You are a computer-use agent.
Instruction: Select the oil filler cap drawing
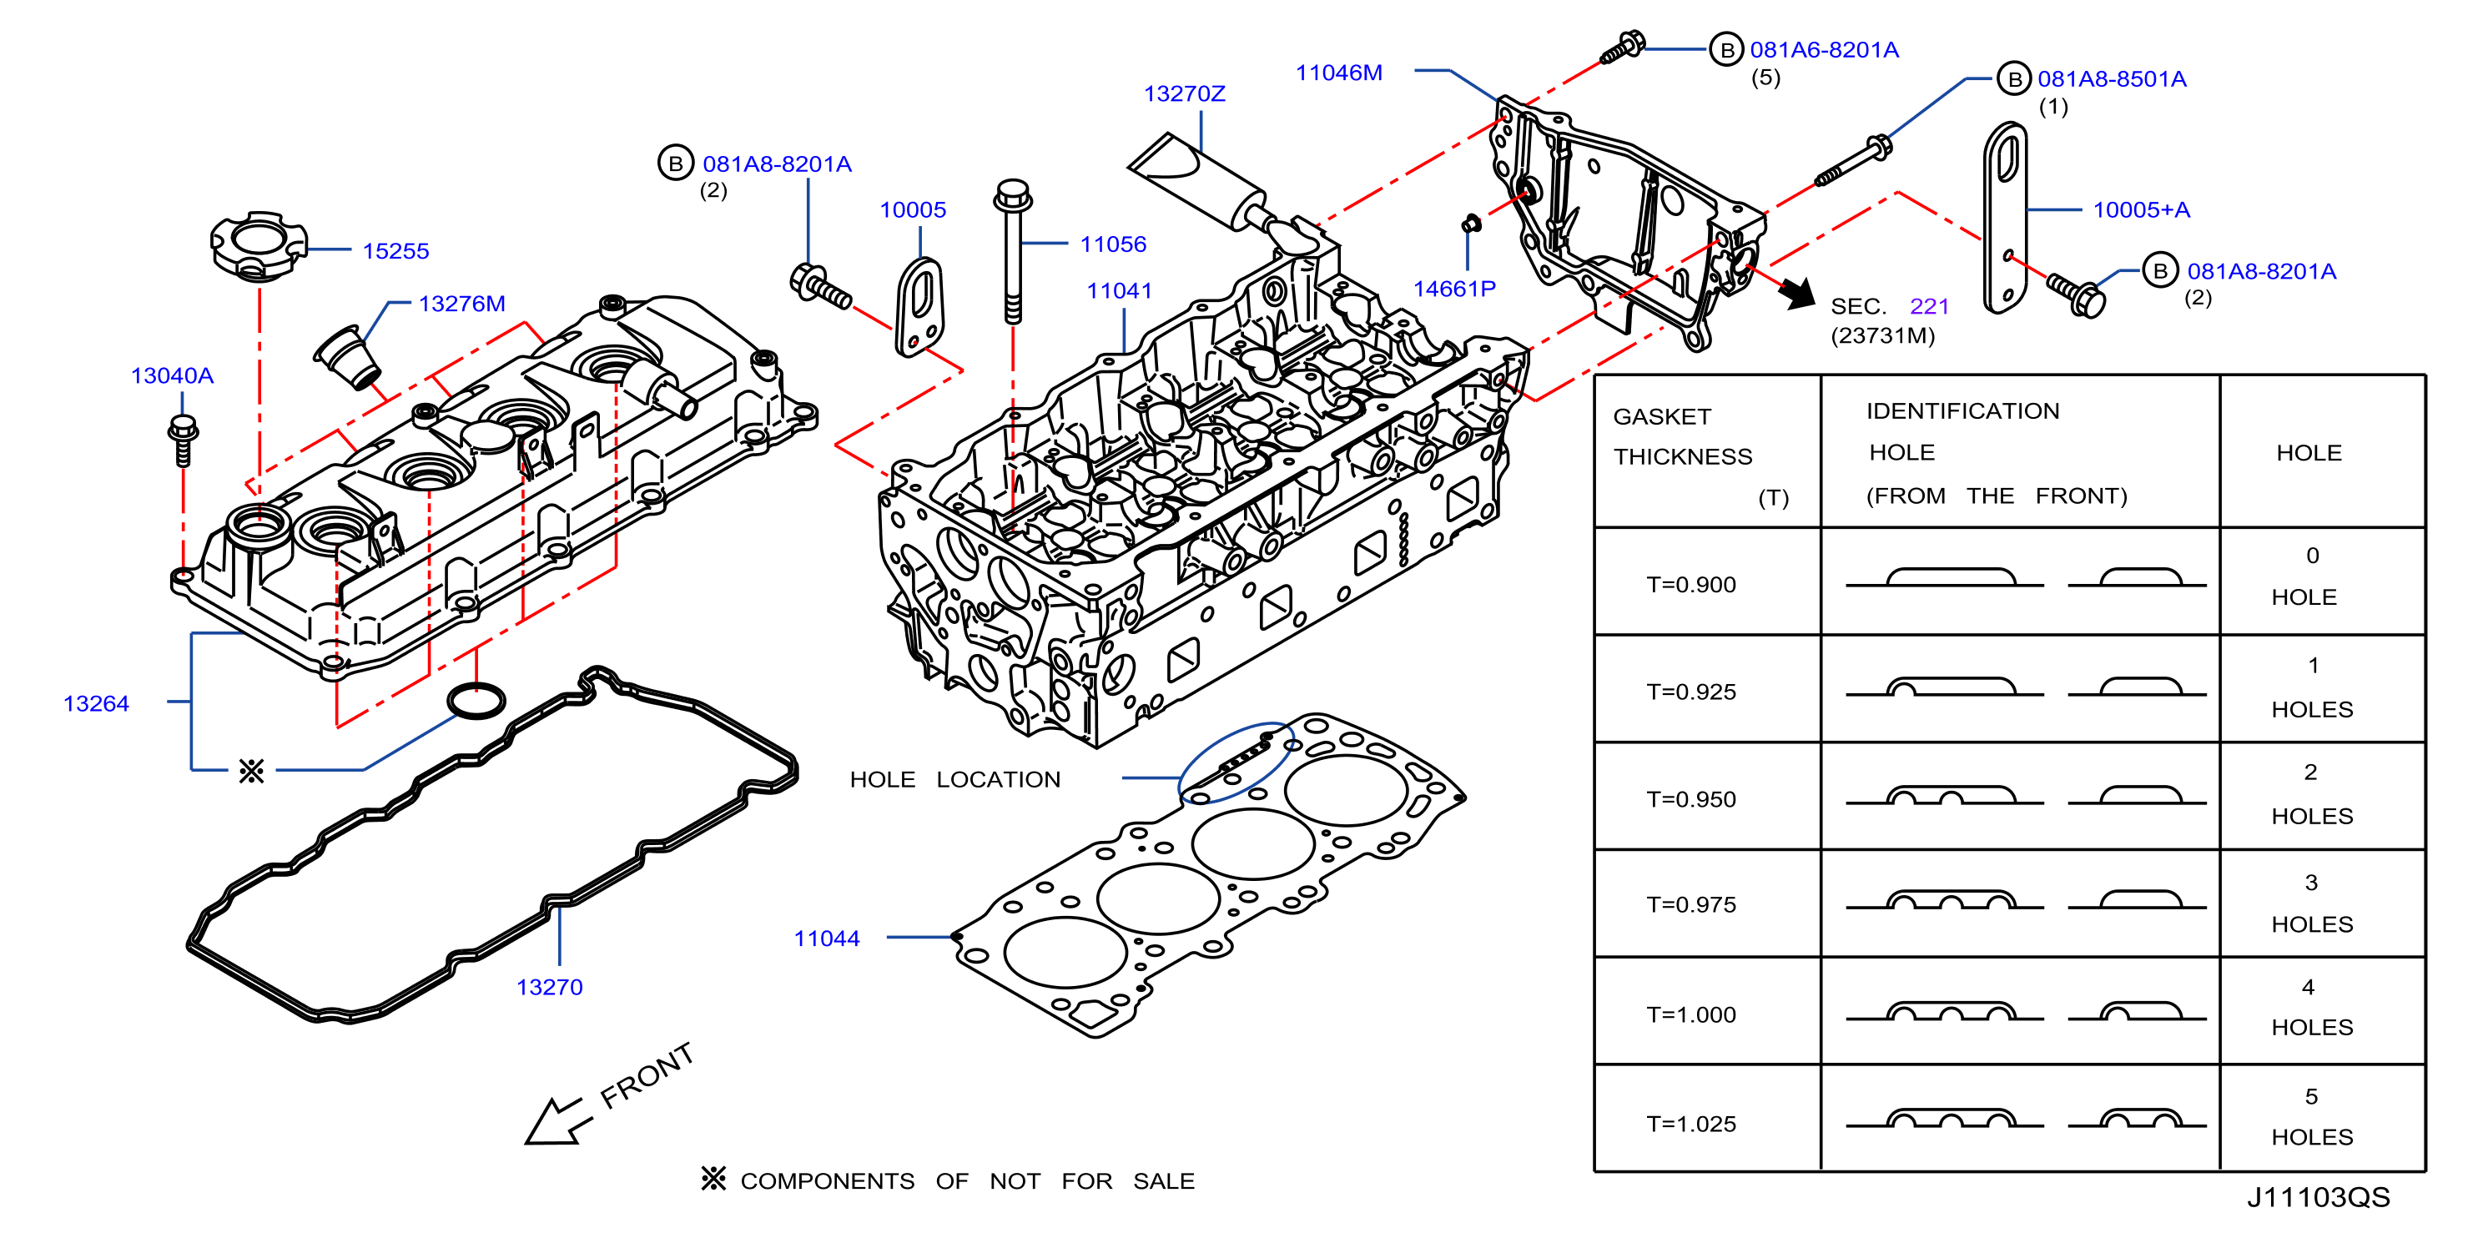tap(258, 245)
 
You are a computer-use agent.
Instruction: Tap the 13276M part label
tap(461, 304)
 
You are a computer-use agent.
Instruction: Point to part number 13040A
tap(172, 375)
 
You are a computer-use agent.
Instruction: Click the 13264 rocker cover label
tap(96, 704)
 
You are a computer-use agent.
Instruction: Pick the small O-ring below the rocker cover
tap(476, 701)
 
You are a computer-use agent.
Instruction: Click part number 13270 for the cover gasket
tap(550, 987)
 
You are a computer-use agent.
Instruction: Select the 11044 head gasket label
tap(827, 939)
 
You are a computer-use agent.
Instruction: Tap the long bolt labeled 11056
tap(1012, 251)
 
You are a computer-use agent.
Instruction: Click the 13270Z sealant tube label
tap(1184, 93)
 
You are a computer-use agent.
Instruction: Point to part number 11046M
tap(1338, 73)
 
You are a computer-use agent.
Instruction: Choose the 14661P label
tap(1454, 289)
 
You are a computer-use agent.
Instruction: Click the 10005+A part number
tap(2141, 209)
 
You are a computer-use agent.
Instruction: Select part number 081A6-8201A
tap(1825, 49)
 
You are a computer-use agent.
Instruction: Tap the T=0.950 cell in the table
tap(1691, 799)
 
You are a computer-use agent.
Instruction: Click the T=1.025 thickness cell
tap(1691, 1124)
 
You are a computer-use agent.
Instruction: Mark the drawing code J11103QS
tap(2318, 1197)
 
